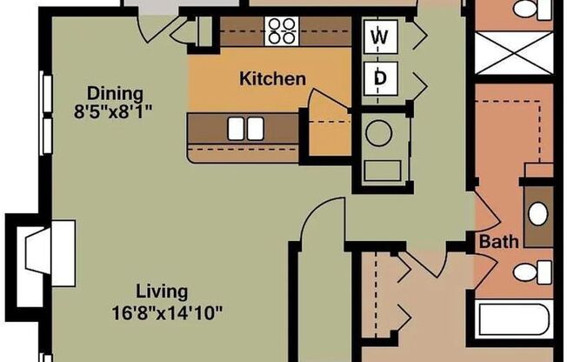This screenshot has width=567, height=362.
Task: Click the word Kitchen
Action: point(272,79)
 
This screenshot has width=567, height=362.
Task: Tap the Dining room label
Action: point(114,92)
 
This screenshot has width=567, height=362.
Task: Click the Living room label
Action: point(161,292)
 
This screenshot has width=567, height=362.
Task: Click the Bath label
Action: point(499,241)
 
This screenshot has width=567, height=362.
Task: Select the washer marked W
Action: point(379,37)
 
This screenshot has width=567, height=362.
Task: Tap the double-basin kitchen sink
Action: point(245,129)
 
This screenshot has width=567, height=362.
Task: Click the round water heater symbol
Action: point(379,133)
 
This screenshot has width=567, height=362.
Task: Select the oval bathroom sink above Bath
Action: point(539,211)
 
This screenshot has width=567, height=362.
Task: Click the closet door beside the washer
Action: point(415,37)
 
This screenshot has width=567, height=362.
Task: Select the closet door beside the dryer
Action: point(415,83)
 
